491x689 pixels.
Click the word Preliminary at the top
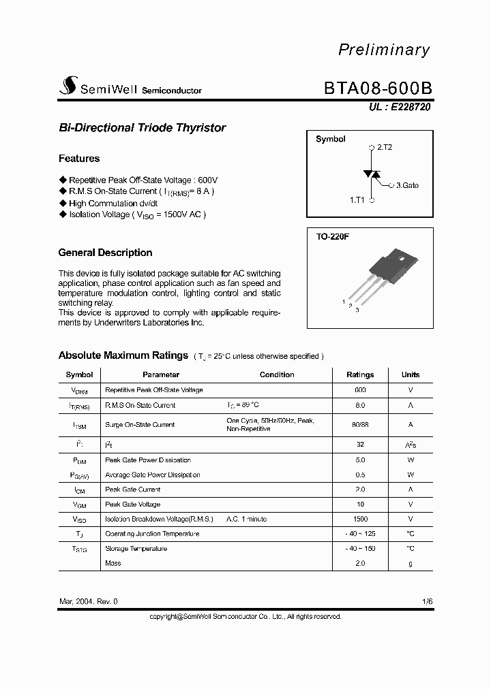tap(385, 50)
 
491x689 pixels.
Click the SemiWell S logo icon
tap(68, 85)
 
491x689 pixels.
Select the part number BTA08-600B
tap(376, 89)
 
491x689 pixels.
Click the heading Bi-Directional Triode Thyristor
tap(142, 128)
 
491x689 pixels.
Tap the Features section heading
tap(79, 159)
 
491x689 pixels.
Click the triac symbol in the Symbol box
tap(372, 174)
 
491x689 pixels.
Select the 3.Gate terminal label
tap(407, 185)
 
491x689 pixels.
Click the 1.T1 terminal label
tap(357, 200)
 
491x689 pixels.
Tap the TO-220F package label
tap(332, 238)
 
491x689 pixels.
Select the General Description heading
tap(105, 253)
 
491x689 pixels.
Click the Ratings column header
tap(360, 374)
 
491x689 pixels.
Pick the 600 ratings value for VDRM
tap(360, 390)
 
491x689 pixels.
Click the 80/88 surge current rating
tap(360, 425)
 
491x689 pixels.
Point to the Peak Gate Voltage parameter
tap(133, 504)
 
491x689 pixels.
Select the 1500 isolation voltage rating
tap(360, 519)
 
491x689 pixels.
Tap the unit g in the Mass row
tap(411, 563)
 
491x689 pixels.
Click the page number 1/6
tap(427, 602)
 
